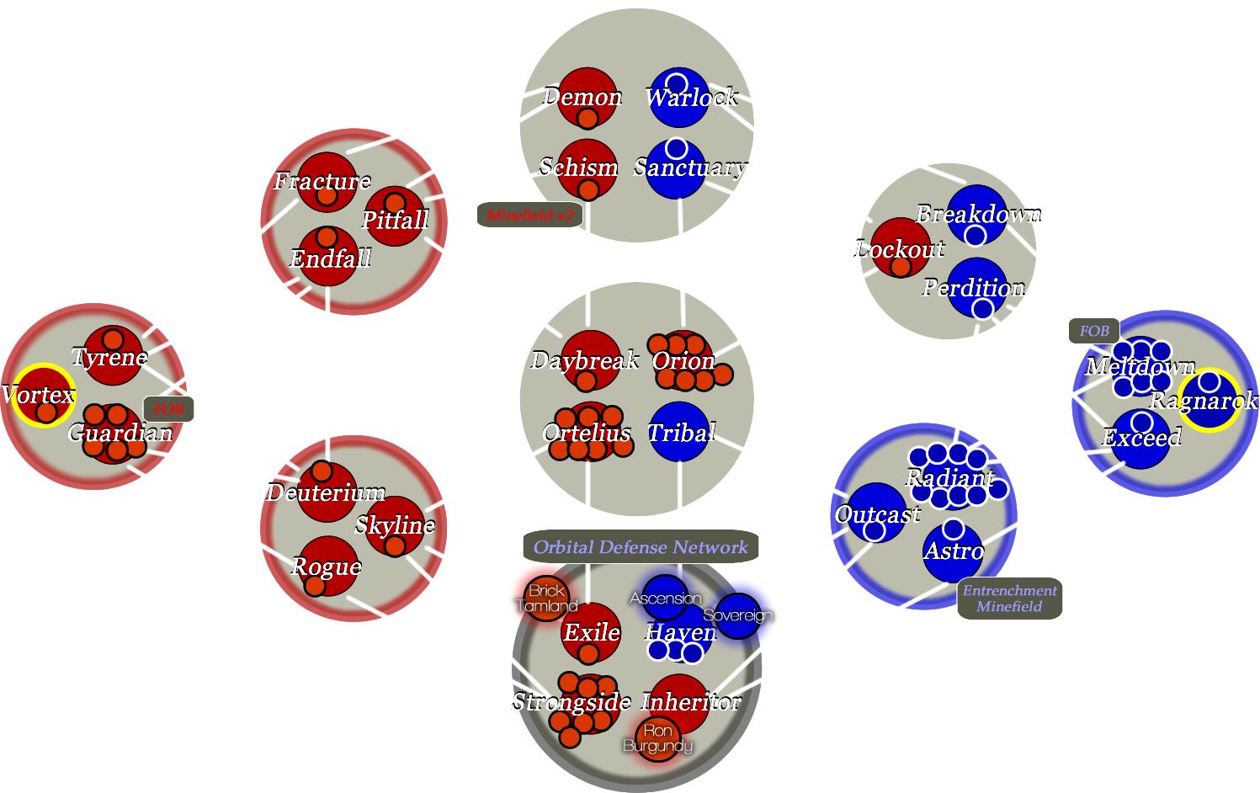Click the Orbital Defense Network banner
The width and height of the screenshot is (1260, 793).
641,547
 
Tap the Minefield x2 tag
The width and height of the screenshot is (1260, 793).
529,216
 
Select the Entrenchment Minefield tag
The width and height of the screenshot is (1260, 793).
1009,599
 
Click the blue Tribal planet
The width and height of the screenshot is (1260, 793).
679,432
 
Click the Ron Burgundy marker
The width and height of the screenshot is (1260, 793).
657,738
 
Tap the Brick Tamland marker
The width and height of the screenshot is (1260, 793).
546,598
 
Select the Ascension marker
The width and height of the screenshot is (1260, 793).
665,598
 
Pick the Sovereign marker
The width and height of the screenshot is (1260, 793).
737,615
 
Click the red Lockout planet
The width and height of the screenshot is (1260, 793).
900,247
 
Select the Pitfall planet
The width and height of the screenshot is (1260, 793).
394,217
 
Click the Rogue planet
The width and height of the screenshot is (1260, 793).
327,566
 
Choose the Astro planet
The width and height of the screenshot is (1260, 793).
953,552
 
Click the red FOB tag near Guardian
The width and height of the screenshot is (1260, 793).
168,409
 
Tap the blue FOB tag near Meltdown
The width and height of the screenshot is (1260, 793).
1093,331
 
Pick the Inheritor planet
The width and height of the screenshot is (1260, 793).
678,702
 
